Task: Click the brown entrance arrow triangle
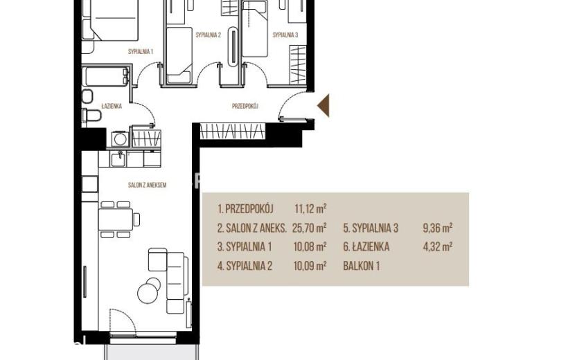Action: (x=324, y=106)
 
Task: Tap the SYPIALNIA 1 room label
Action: (x=141, y=52)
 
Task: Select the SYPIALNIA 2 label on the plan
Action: (x=209, y=35)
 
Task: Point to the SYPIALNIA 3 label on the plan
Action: (x=285, y=35)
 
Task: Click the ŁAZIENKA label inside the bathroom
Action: (x=112, y=107)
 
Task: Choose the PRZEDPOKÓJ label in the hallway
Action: (x=245, y=107)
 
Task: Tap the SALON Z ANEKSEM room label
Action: (x=147, y=185)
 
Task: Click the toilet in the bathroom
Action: (x=91, y=116)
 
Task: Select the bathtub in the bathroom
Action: (x=105, y=76)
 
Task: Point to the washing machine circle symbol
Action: (x=120, y=139)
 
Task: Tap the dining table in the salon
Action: (x=116, y=219)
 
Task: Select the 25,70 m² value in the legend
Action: (x=310, y=228)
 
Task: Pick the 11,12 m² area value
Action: (x=310, y=209)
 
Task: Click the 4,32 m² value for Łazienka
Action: (x=437, y=246)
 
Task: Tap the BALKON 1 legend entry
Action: (x=361, y=266)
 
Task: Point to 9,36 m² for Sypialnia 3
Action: (x=437, y=228)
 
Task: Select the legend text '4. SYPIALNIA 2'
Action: (x=245, y=266)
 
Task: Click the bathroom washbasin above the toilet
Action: (x=87, y=96)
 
